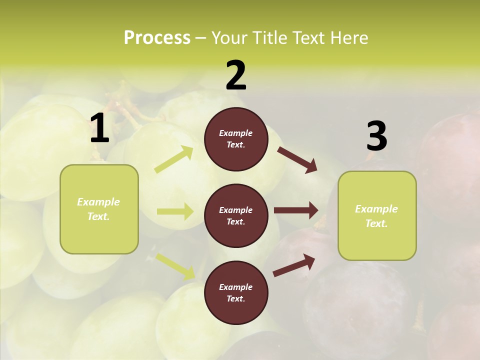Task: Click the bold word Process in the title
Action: (157, 38)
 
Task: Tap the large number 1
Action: (99, 129)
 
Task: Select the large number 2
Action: (236, 75)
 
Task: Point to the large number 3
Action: (376, 136)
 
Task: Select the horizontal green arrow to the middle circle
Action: (174, 211)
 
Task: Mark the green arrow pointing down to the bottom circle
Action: (175, 266)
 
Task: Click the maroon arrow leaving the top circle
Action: (297, 159)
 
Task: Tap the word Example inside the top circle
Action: (236, 133)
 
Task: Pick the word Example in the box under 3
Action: (376, 209)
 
